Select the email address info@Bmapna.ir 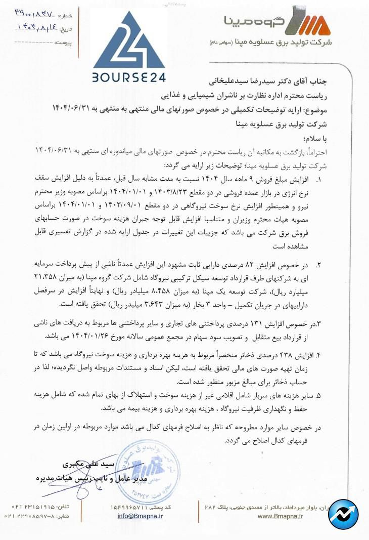(x=140, y=516)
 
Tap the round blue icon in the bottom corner (x=343, y=514)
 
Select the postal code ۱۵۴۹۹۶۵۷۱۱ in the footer (x=133, y=507)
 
